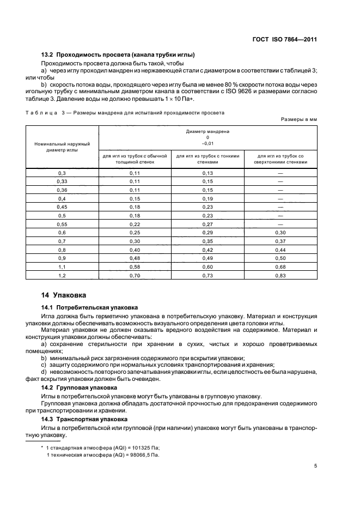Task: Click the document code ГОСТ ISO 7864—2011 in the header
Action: click(x=284, y=39)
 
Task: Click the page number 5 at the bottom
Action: click(x=316, y=466)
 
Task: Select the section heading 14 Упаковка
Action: click(x=64, y=295)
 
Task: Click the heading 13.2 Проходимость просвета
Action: click(x=118, y=54)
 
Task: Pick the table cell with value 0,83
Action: click(x=280, y=276)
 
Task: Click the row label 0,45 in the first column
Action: click(x=62, y=207)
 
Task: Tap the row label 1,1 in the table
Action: click(x=62, y=268)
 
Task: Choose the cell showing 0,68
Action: click(x=280, y=268)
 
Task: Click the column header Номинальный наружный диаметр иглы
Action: click(x=62, y=147)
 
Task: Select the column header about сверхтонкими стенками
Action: click(x=280, y=159)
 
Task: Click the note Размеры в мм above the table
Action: click(x=299, y=118)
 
